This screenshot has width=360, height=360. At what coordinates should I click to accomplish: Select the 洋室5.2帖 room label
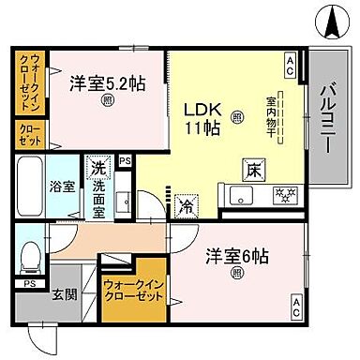click(x=107, y=82)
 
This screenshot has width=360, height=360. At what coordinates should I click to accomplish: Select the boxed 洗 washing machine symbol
click(x=97, y=170)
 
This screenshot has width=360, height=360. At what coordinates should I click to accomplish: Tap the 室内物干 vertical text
click(x=270, y=117)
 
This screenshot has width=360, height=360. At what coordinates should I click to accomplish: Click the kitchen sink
click(x=240, y=196)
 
